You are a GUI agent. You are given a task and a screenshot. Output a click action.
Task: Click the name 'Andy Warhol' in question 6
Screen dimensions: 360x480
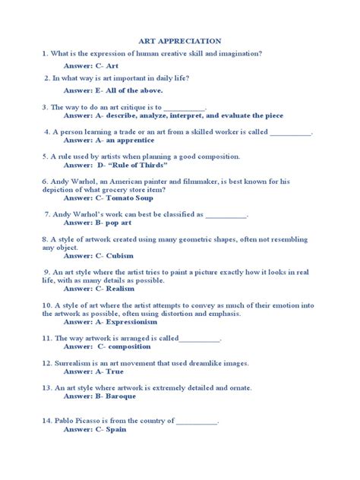pyautogui.click(x=76, y=182)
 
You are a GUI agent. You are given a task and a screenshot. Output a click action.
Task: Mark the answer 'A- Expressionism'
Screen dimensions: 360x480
pyautogui.click(x=128, y=321)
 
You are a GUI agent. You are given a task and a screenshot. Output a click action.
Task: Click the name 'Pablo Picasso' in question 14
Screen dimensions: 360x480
pyautogui.click(x=83, y=420)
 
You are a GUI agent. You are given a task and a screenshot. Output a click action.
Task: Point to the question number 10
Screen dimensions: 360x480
pyautogui.click(x=46, y=305)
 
